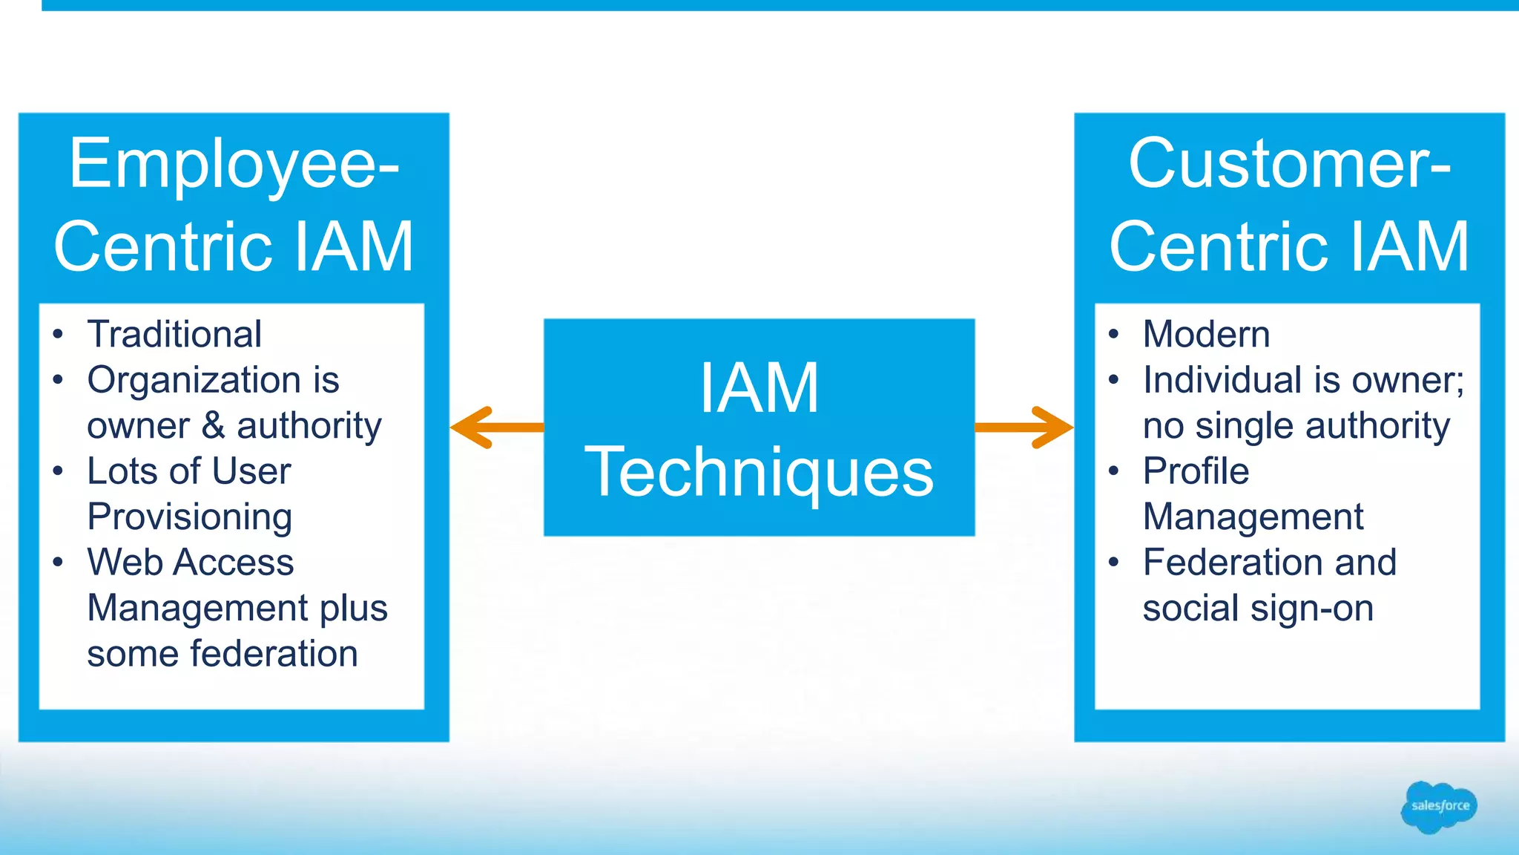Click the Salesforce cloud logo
[x=1439, y=807]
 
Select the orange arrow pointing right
[x=1024, y=427]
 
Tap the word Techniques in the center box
[x=759, y=473]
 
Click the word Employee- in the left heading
[x=234, y=164]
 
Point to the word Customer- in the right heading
[x=1289, y=164]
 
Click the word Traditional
[x=174, y=334]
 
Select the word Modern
[x=1206, y=334]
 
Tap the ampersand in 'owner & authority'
[x=214, y=426]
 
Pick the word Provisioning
[x=189, y=517]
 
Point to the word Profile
[x=1196, y=471]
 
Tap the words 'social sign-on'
[x=1258, y=609]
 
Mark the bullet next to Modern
[x=1113, y=335]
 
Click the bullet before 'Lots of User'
[x=58, y=472]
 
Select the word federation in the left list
[x=274, y=654]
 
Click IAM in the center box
[x=759, y=388]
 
